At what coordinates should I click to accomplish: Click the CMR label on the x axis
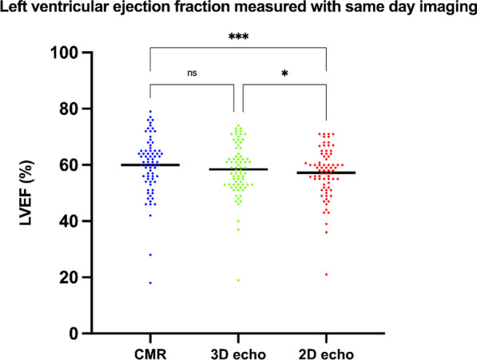[x=150, y=351]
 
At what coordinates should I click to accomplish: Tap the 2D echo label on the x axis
[x=326, y=351]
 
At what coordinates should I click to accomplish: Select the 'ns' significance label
[x=193, y=72]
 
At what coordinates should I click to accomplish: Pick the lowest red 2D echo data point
[x=326, y=275]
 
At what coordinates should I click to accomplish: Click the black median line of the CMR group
[x=150, y=164]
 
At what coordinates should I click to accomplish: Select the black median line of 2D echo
[x=326, y=172]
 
